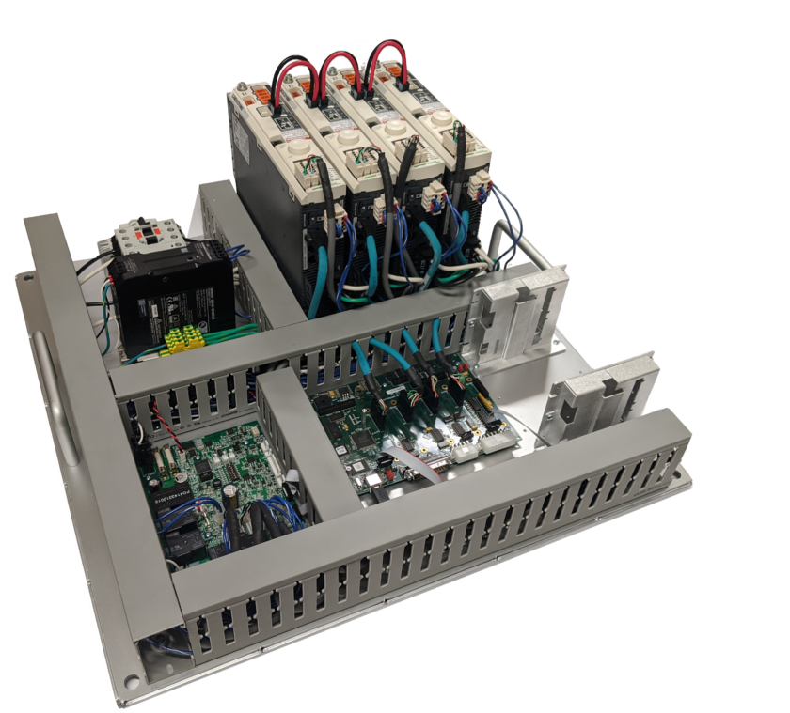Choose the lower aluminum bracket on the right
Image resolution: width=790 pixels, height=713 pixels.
602,385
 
